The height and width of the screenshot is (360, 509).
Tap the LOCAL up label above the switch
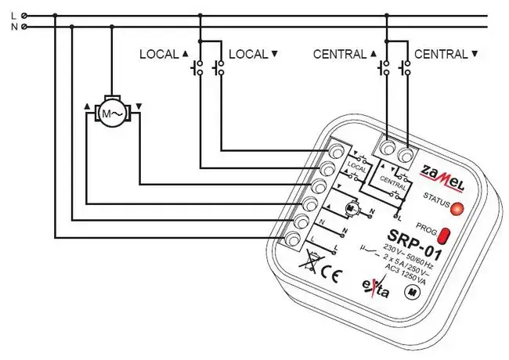(164, 55)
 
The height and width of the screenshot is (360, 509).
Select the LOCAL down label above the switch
(252, 55)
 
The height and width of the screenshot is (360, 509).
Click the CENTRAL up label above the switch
(345, 55)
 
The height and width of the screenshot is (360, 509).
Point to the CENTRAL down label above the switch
(445, 55)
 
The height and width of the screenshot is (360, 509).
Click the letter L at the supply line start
(13, 15)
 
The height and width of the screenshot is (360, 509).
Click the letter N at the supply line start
(13, 27)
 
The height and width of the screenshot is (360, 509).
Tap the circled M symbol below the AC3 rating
(410, 291)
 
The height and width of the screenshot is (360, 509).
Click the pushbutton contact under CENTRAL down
(406, 69)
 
